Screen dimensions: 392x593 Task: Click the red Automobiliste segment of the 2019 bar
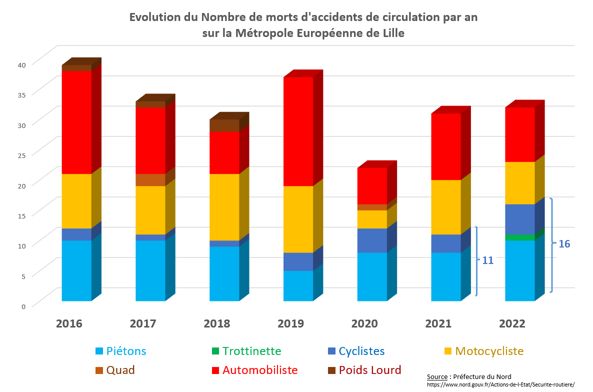click(x=298, y=131)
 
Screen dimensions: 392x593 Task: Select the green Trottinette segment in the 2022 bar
click(x=519, y=237)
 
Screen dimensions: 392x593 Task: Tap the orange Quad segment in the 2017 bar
click(x=150, y=180)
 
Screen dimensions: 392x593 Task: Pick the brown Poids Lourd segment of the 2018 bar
click(x=224, y=125)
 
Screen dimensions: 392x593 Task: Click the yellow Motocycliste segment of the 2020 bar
click(x=372, y=219)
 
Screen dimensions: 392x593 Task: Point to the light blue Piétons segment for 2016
click(x=76, y=270)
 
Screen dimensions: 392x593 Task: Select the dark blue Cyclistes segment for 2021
click(x=445, y=243)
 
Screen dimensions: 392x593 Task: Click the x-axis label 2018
click(x=217, y=323)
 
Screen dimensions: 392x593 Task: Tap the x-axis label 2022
click(x=512, y=323)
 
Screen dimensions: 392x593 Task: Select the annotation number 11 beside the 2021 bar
click(x=487, y=260)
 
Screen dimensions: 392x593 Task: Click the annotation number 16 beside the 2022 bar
click(x=564, y=244)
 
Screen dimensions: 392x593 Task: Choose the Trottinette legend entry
click(x=251, y=351)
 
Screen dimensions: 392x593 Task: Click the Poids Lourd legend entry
click(x=369, y=370)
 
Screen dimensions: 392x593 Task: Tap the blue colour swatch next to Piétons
click(x=99, y=351)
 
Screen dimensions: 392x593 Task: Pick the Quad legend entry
click(x=120, y=370)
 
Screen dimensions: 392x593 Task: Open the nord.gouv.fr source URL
click(x=500, y=384)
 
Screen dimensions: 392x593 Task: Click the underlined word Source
click(x=437, y=376)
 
